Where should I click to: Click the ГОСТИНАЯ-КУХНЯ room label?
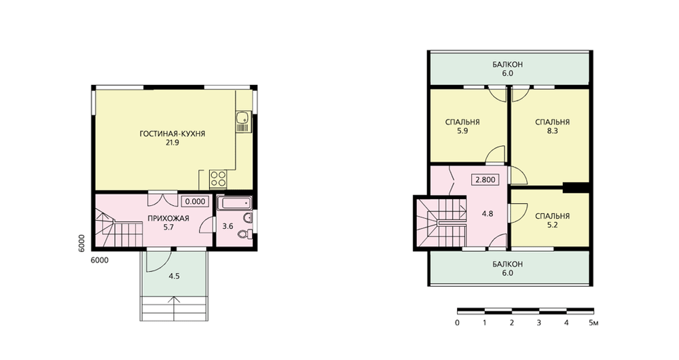tap(172, 134)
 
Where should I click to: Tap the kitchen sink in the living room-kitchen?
tap(242, 117)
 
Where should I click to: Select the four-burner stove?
tap(218, 179)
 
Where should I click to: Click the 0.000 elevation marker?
tap(196, 202)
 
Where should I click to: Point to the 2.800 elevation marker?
tap(485, 179)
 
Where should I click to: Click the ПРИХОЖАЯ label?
tap(168, 218)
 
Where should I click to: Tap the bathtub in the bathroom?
tap(234, 204)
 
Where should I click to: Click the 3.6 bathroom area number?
tap(227, 226)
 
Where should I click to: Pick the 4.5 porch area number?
tap(174, 276)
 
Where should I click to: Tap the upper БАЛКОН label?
tap(507, 65)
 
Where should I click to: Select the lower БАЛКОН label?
tap(507, 264)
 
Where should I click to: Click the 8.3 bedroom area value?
tap(552, 131)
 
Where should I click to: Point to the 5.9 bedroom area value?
tap(462, 131)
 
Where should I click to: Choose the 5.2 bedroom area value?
tap(552, 225)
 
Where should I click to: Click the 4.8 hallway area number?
tap(488, 213)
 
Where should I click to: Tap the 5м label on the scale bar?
tap(593, 323)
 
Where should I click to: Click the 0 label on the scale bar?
tap(457, 323)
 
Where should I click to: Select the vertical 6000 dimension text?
tap(87, 243)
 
